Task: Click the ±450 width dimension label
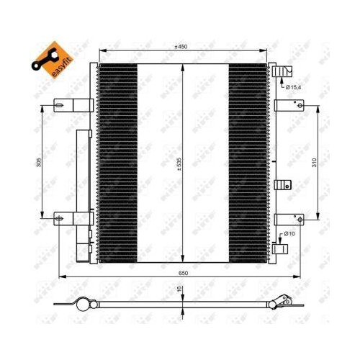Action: [x=181, y=46]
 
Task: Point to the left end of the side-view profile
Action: [x=80, y=303]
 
